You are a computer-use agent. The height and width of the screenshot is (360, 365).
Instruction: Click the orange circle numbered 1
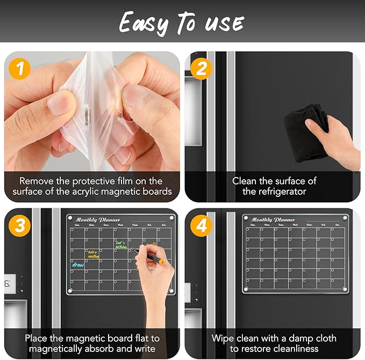(20, 69)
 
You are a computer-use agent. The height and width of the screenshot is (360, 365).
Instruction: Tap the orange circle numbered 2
(201, 69)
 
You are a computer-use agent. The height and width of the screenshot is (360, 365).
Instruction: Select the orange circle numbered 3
(20, 225)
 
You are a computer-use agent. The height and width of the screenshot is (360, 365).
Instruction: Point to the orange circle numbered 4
(201, 225)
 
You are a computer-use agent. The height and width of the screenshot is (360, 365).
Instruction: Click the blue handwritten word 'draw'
(78, 264)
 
